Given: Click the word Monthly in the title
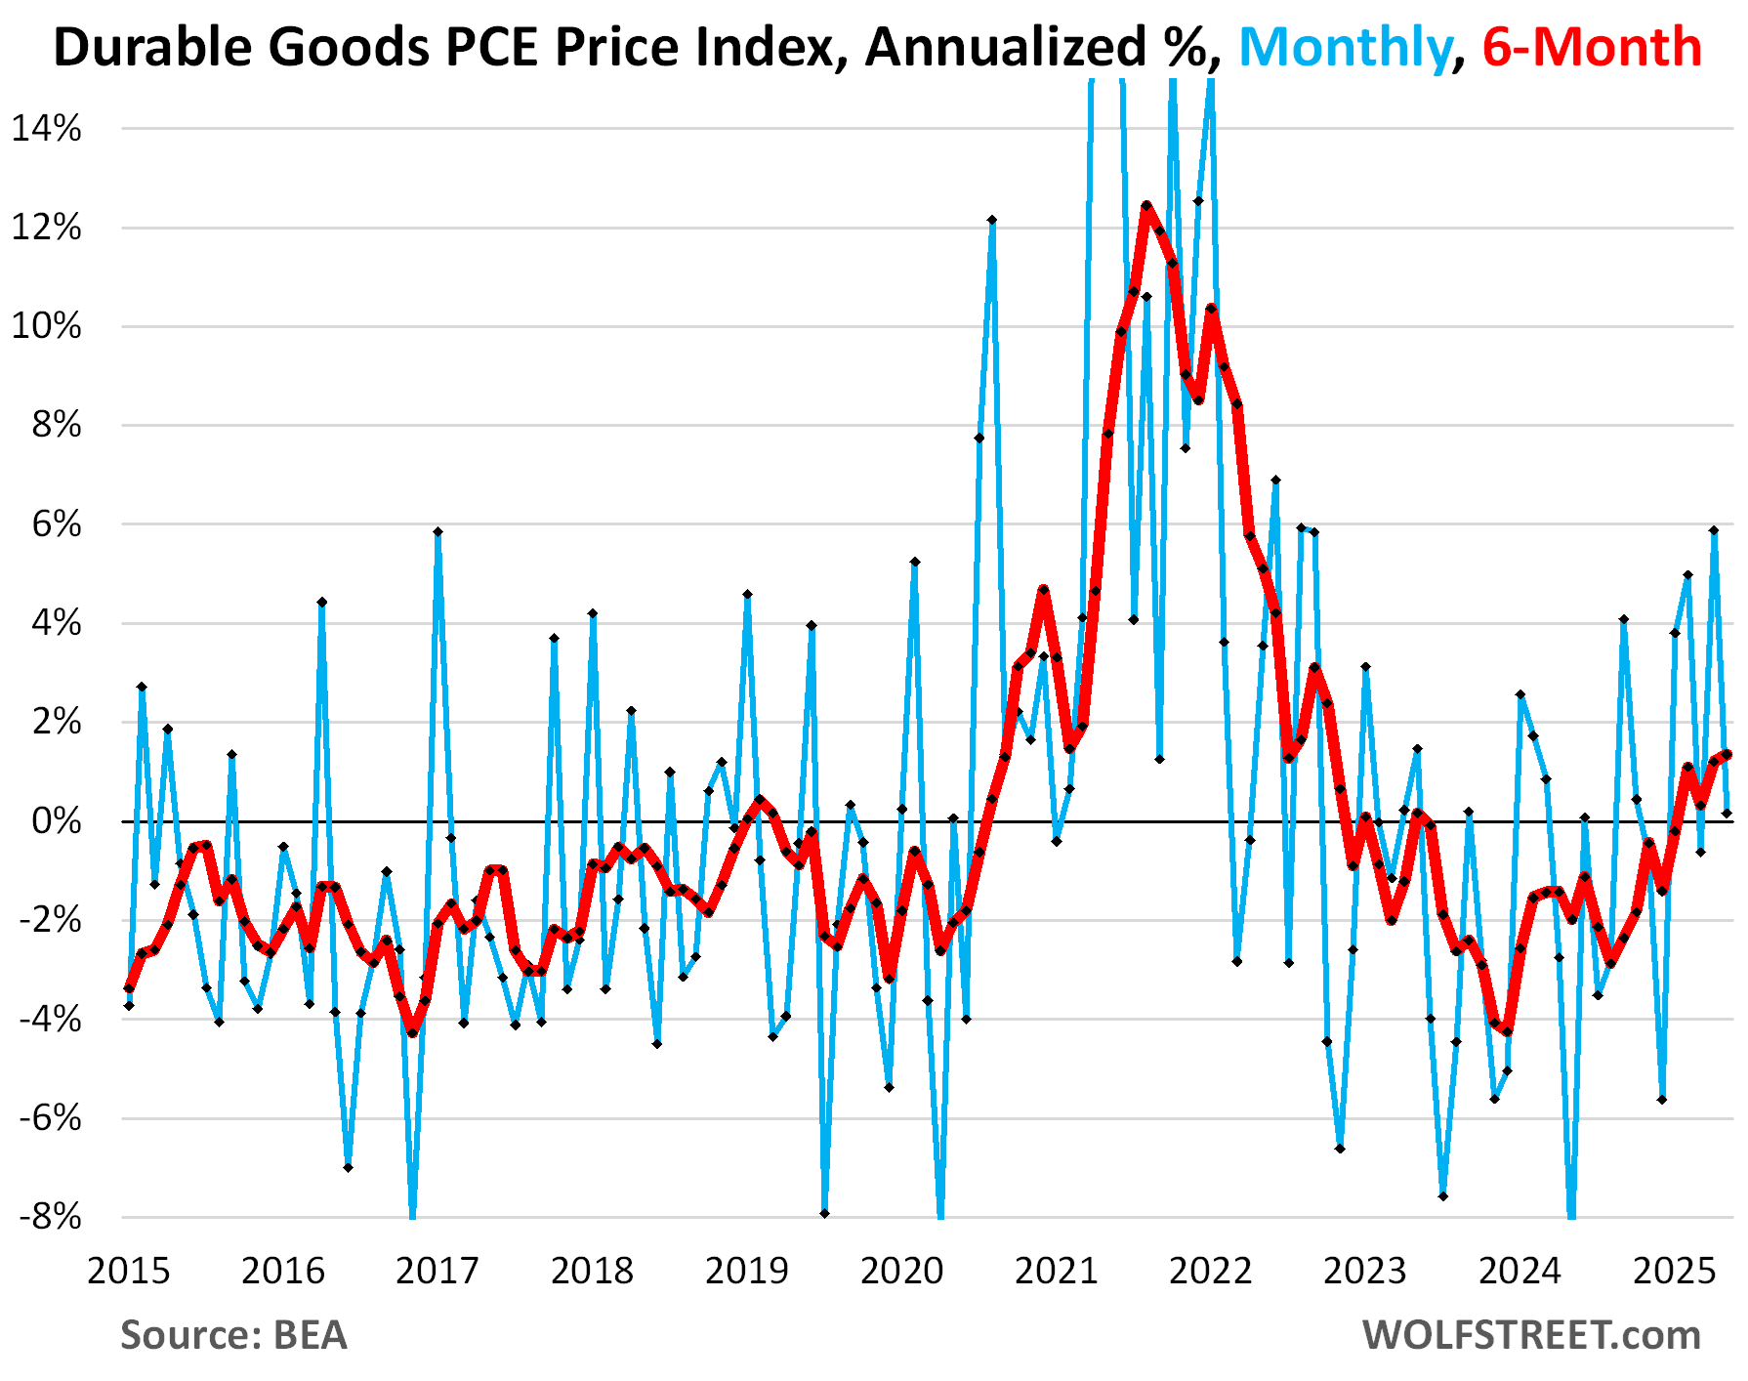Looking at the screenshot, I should (1345, 47).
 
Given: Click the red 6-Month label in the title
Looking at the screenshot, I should (1592, 47).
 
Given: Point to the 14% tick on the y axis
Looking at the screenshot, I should (46, 129).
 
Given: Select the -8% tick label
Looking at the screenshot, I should (49, 1217).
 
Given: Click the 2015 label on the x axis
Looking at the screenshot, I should (129, 1271).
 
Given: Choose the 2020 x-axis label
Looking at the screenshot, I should (901, 1271).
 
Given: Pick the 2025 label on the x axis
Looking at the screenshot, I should (1675, 1271).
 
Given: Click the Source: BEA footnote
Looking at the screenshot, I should (233, 1335).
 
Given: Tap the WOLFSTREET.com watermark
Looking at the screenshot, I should (1531, 1335).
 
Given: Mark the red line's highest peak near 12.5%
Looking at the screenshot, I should (1146, 205).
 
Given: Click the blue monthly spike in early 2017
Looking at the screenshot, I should (437, 531).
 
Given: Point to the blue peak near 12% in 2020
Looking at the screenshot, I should (992, 220).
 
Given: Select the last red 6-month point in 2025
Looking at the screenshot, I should (1727, 754).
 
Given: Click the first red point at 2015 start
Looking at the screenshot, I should (129, 988).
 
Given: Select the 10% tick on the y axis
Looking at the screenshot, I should (46, 326).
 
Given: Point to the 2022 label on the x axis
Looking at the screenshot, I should (1211, 1271).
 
